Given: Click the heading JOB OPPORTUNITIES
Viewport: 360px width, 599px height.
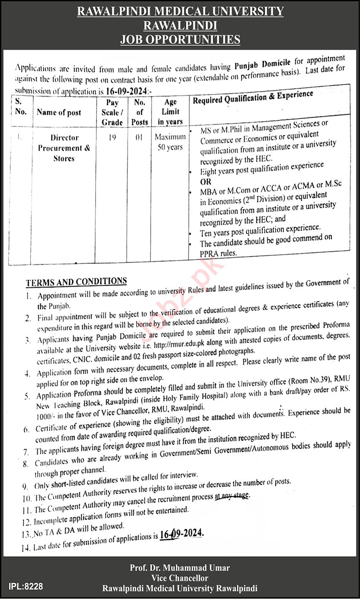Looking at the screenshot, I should tap(180, 40).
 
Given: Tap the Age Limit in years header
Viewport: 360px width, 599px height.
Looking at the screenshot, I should tap(170, 112).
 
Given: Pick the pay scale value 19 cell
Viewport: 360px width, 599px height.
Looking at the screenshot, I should tap(112, 137).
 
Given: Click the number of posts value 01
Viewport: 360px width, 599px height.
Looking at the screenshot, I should tap(140, 137).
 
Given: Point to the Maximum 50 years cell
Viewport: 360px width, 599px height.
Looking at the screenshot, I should tap(170, 142).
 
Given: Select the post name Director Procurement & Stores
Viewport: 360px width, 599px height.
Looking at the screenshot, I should tap(64, 148).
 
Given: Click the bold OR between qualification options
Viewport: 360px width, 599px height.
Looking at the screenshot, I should tap(206, 182).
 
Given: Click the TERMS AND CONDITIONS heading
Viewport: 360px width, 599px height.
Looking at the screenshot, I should tap(76, 281).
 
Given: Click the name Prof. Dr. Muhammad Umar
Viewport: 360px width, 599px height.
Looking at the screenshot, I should tap(180, 569).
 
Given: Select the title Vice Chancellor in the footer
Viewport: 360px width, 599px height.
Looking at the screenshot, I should tap(180, 579).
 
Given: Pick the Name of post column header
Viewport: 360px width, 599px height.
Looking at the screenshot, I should tap(59, 113).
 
